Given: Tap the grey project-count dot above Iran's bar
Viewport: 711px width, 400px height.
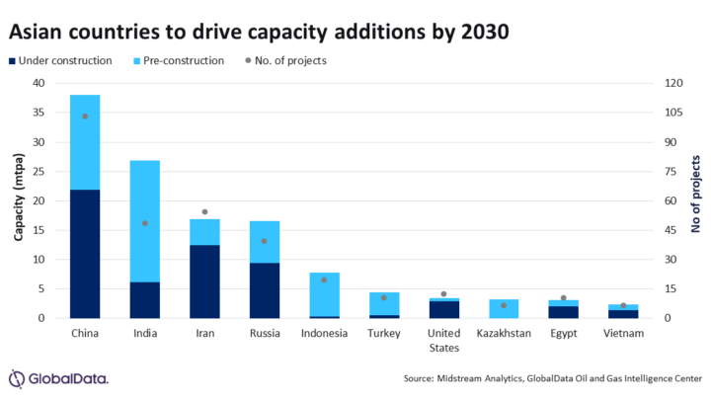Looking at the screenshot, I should click(x=204, y=212).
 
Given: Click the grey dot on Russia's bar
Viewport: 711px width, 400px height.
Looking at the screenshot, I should click(x=265, y=241).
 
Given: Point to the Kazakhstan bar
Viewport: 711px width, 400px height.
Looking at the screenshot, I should click(x=504, y=308).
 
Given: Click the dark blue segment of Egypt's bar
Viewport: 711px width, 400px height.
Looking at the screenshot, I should click(x=564, y=312).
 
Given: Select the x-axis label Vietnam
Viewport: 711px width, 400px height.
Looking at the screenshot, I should click(x=624, y=334).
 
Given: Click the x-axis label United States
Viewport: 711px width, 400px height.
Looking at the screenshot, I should click(x=444, y=341).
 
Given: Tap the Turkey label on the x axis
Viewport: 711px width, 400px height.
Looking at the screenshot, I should click(x=384, y=334).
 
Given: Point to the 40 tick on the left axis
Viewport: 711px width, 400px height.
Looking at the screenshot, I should click(x=39, y=83).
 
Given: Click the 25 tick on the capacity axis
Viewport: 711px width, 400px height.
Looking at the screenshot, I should click(x=39, y=171).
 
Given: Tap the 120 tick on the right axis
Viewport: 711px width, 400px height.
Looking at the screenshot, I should click(x=673, y=83).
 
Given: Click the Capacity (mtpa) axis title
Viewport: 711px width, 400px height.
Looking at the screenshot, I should click(x=17, y=200).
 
